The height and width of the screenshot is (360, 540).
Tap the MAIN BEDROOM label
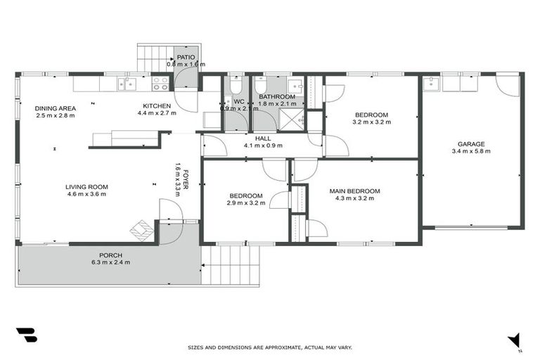coord(354,191)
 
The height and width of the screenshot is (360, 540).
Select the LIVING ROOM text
coord(86,186)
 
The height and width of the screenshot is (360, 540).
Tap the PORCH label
coord(111,255)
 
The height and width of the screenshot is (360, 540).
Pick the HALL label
coord(263,139)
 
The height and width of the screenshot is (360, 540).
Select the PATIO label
coord(186,57)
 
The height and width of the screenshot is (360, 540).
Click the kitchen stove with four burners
coord(160,84)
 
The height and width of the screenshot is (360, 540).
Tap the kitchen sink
coord(129,84)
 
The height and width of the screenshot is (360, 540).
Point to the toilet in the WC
coord(237,86)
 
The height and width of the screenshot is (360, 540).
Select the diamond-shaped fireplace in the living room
coord(143,229)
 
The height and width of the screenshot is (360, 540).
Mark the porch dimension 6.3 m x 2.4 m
coord(111,262)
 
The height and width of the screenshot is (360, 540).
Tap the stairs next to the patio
coord(153,57)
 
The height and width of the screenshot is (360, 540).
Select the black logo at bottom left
coord(25,335)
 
